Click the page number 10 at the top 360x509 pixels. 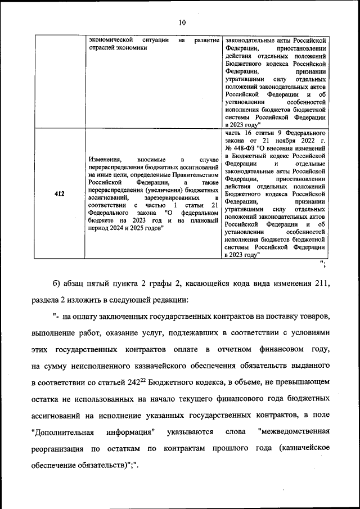tap(181, 22)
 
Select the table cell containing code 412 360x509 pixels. tap(59, 194)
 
